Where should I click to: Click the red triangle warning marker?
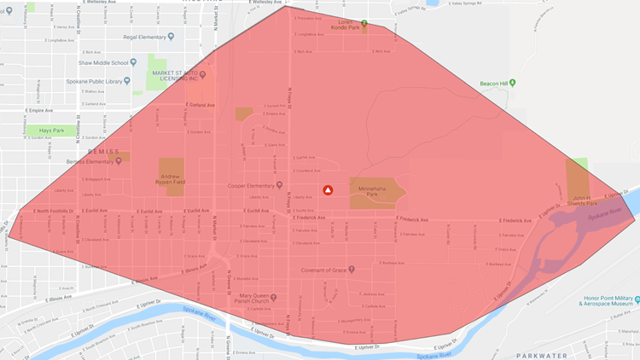point(327,190)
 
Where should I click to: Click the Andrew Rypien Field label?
point(171,176)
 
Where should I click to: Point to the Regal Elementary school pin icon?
point(171,36)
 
